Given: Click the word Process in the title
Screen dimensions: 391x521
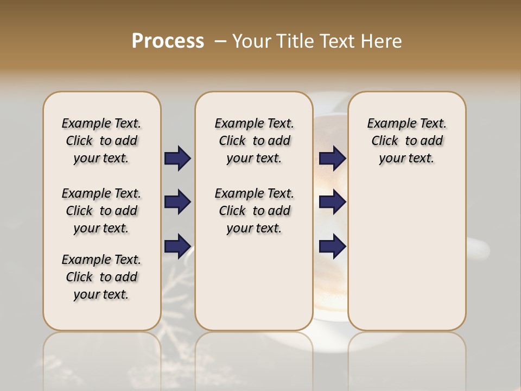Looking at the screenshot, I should pos(168,41).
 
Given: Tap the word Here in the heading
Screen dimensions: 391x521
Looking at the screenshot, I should pos(382,41).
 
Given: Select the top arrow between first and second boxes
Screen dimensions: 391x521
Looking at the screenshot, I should pos(177,159).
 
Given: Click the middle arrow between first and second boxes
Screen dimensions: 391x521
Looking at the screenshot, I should pos(177,202).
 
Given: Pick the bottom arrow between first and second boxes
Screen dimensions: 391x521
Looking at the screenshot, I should pos(177,246).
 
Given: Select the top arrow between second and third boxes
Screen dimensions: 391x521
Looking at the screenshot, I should pos(332,159).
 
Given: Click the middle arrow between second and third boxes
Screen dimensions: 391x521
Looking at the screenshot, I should pos(332,202).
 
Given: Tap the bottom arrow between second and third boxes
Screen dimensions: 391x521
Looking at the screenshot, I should pos(332,246).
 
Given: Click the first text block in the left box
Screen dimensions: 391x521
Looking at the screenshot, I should pos(101,141).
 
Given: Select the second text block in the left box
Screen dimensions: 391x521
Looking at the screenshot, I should pos(101,211).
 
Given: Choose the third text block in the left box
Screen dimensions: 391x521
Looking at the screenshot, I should pos(101,277).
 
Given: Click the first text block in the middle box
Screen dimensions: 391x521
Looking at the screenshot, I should pos(255,141).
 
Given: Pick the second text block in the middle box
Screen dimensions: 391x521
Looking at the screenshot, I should pos(255,211).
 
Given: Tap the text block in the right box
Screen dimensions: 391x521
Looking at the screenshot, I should pos(407,141).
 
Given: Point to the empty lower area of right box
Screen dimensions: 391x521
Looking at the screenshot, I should pos(407,261).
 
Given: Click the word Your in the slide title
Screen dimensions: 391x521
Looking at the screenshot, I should pos(252,41).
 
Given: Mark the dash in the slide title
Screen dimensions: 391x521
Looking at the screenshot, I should pos(220,41).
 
